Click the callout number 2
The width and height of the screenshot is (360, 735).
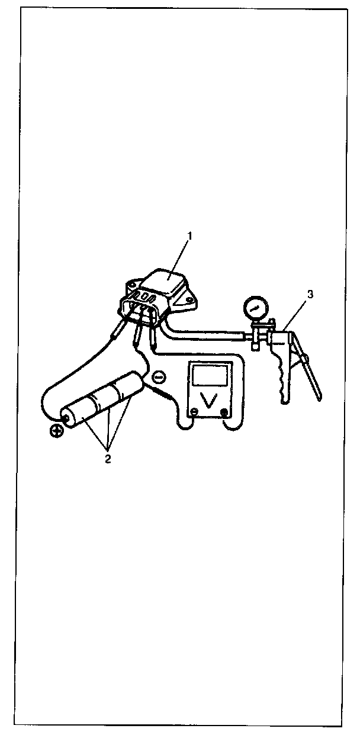pyautogui.click(x=108, y=459)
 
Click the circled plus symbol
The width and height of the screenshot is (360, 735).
pyautogui.click(x=57, y=431)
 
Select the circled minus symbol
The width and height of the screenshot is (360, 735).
pyautogui.click(x=159, y=376)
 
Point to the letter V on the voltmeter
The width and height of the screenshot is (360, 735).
pyautogui.click(x=208, y=401)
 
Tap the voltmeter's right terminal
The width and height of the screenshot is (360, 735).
pyautogui.click(x=224, y=412)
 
